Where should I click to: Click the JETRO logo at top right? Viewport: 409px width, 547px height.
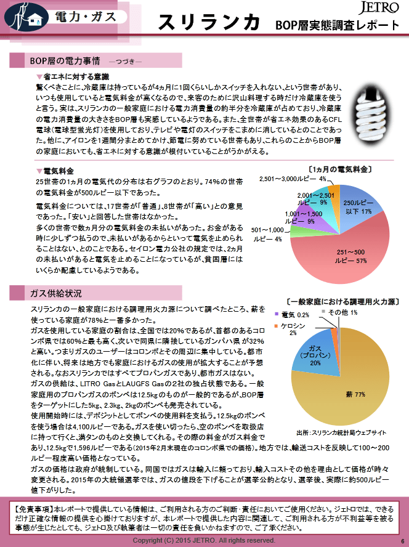[377, 9]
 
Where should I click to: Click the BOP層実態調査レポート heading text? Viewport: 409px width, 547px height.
[337, 26]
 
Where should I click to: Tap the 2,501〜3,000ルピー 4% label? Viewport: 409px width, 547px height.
[292, 179]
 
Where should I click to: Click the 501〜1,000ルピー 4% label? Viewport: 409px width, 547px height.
[267, 234]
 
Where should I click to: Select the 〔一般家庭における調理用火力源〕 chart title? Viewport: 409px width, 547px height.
[342, 302]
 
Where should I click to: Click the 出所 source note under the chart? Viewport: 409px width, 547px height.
[341, 432]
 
